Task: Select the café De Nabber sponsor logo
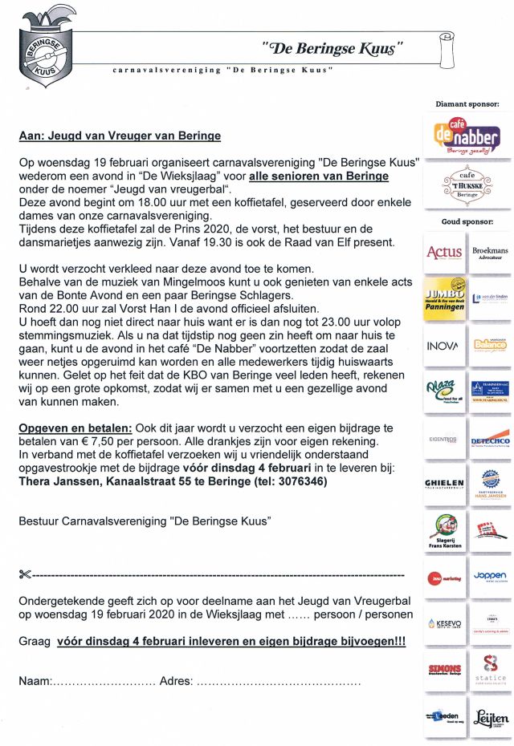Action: (x=466, y=136)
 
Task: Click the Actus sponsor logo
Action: (x=444, y=253)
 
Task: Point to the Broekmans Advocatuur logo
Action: (x=489, y=253)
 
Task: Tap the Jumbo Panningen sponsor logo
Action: (x=444, y=298)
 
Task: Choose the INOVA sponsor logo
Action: (x=444, y=346)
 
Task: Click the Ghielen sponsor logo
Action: (x=444, y=483)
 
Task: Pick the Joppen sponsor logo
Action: (x=489, y=576)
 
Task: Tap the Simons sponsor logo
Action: (x=444, y=668)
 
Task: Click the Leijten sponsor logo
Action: (x=489, y=716)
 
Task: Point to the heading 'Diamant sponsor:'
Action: (x=467, y=104)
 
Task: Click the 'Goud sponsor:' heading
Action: (x=467, y=221)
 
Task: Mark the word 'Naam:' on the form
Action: (x=35, y=682)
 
